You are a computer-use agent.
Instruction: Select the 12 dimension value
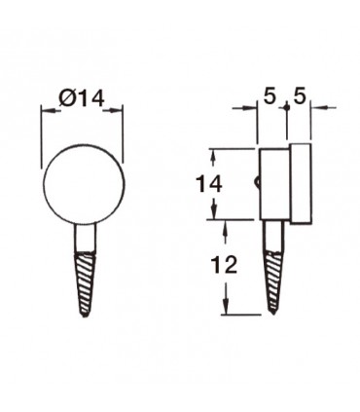[x=224, y=265]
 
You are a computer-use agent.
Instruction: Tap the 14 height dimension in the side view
[x=209, y=184]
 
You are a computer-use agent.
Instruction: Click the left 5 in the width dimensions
[x=270, y=96]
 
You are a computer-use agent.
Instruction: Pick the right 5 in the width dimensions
[x=300, y=96]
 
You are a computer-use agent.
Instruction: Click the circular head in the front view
[x=84, y=185]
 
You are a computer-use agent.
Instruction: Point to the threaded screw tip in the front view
[x=86, y=284]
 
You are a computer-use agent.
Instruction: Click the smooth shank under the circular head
[x=86, y=239]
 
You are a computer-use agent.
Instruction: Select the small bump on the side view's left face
[x=257, y=182]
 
